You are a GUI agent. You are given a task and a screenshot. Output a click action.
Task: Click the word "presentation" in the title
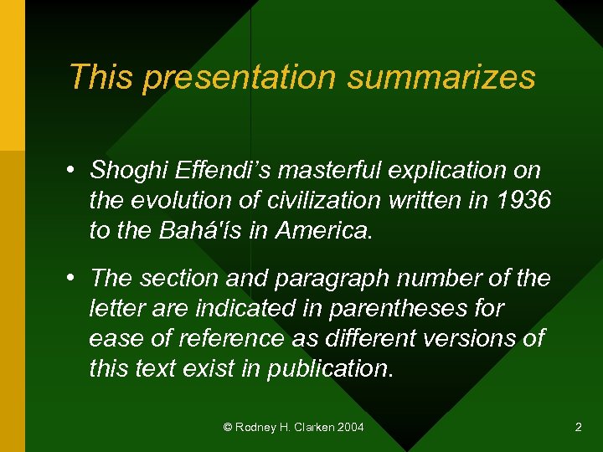click(240, 77)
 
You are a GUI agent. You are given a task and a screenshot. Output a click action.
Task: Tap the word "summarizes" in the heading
click(441, 77)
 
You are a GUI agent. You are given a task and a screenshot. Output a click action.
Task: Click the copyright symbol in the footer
click(229, 428)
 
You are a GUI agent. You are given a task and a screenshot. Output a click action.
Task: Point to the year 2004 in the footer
click(350, 428)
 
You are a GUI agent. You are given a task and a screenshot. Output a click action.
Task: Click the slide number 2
click(578, 428)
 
